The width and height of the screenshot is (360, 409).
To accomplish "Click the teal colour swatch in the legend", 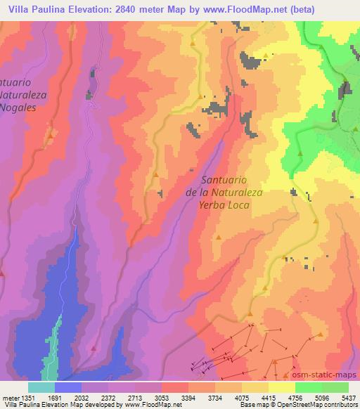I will point(41,387).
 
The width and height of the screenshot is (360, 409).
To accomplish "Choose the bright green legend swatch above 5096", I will point(309,387).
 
